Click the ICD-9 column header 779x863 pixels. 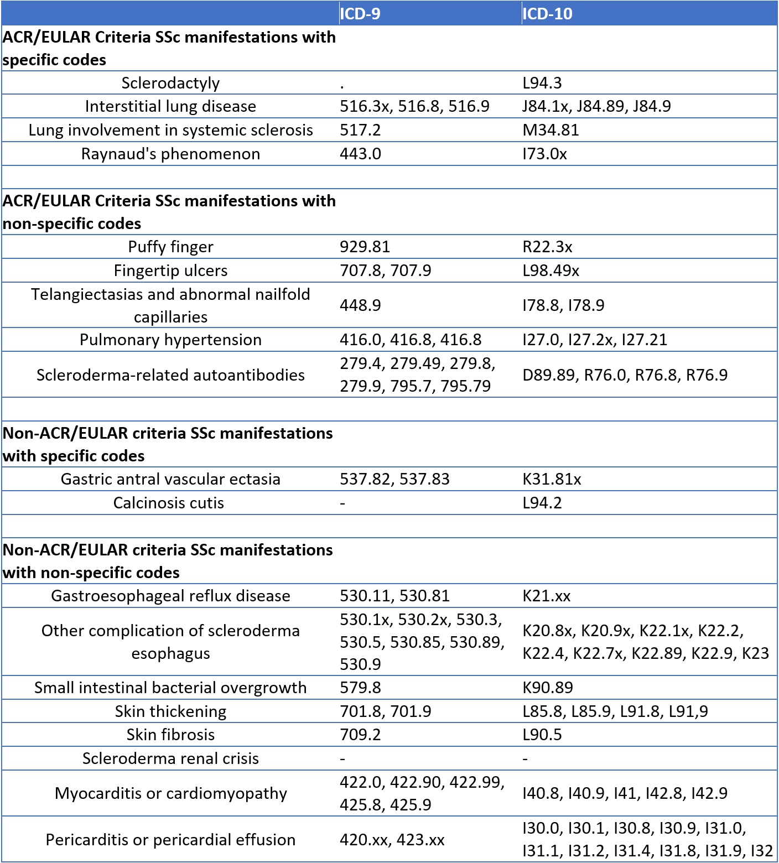coord(360,13)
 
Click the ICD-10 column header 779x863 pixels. coord(547,13)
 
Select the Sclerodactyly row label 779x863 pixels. coord(170,83)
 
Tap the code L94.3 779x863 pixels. coord(542,83)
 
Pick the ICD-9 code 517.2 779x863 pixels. coord(360,130)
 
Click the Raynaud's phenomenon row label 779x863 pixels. coord(170,154)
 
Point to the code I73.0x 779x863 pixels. coord(545,154)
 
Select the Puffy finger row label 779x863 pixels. coord(170,247)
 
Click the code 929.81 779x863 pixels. coord(365,247)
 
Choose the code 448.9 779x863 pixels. coord(360,305)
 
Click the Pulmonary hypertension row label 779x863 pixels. coord(170,340)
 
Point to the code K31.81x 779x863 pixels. coord(552,479)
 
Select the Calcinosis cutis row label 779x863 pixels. coord(169,503)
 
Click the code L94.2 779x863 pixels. coord(542,503)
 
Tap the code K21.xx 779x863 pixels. coord(547,596)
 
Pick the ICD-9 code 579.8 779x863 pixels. coord(360,688)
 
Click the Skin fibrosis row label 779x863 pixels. coord(170,735)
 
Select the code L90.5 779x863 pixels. coord(542,735)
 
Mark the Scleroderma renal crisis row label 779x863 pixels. coord(170,758)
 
